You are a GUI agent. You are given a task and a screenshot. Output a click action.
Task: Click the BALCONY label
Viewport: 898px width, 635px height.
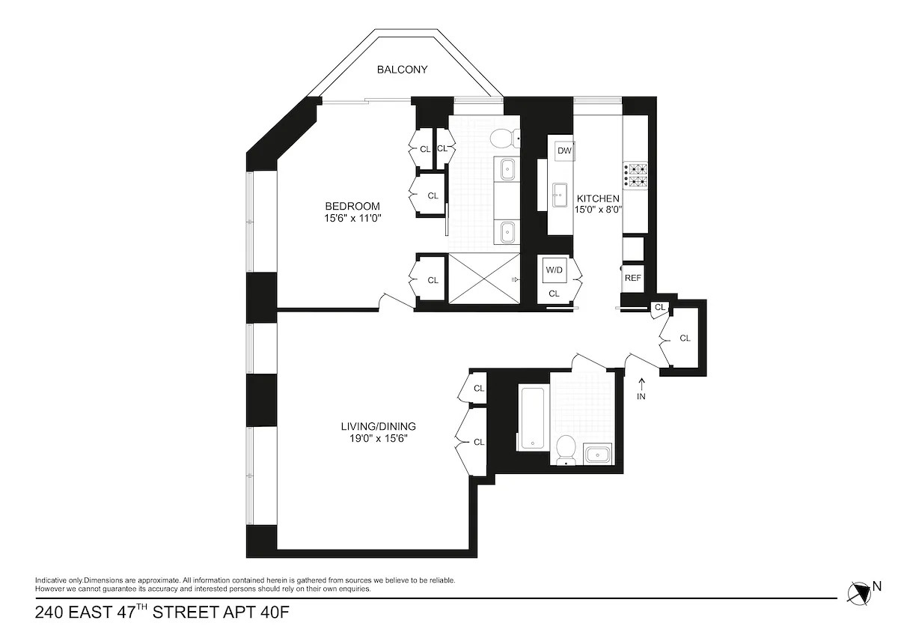pos(402,70)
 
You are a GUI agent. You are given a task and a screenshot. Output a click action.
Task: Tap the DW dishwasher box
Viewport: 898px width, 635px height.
pos(564,151)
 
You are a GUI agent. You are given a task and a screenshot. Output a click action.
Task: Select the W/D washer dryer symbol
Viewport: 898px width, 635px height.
pos(554,270)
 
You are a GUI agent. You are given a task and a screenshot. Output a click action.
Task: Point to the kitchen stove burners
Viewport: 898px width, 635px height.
pos(637,174)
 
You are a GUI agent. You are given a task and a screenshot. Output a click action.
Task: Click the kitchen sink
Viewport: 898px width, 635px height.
pos(559,195)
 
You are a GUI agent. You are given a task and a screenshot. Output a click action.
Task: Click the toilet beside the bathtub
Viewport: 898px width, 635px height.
pos(566,449)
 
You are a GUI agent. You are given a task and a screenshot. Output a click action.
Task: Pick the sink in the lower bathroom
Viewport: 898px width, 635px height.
pos(597,454)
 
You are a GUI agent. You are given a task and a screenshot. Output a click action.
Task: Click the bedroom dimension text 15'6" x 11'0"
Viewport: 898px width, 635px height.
pos(352,219)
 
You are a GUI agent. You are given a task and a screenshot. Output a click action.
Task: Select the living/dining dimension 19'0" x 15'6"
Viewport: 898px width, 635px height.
pos(378,439)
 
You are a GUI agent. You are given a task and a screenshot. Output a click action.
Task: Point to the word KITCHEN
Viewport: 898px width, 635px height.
pos(597,198)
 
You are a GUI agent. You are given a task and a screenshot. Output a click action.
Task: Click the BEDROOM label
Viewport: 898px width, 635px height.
pos(352,207)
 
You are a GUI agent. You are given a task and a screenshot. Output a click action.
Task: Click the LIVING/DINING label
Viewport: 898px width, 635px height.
pos(378,426)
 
